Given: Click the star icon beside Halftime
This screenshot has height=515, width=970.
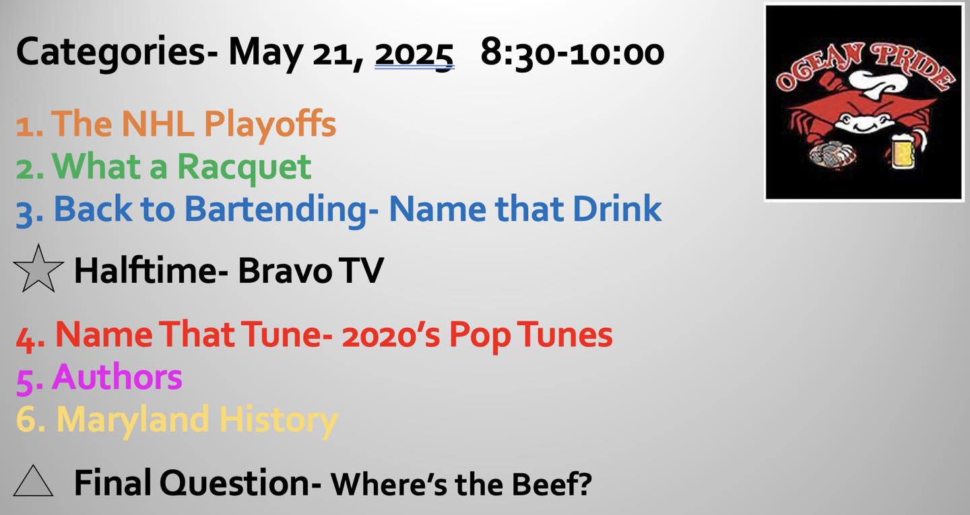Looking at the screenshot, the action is pyautogui.click(x=38, y=269).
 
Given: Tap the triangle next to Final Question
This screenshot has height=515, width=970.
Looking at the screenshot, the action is pyautogui.click(x=34, y=481).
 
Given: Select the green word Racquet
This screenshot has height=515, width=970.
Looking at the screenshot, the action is pyautogui.click(x=245, y=168).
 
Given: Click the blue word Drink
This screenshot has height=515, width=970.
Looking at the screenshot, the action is pyautogui.click(x=617, y=209).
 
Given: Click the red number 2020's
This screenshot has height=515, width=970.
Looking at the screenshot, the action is pyautogui.click(x=391, y=335).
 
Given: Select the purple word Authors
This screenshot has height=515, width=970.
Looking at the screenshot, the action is pyautogui.click(x=117, y=377).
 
